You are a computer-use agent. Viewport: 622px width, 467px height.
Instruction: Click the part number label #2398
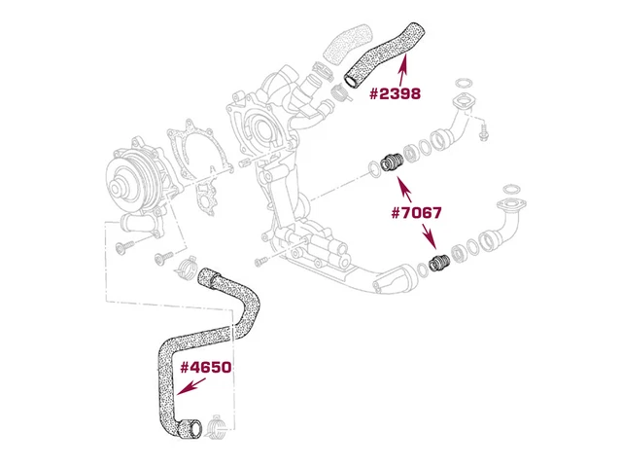(x=396, y=94)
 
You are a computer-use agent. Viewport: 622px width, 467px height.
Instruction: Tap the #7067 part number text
(x=416, y=213)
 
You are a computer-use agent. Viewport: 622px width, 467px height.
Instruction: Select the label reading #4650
(x=206, y=368)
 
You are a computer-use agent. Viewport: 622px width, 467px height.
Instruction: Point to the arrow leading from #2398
(x=403, y=70)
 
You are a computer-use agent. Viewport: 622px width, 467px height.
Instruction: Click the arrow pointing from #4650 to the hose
(x=191, y=386)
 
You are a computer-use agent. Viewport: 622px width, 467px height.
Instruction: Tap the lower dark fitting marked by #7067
(x=439, y=263)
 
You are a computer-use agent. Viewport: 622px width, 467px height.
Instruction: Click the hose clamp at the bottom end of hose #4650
(x=216, y=428)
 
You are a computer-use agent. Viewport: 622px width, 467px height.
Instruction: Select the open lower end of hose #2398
(x=351, y=81)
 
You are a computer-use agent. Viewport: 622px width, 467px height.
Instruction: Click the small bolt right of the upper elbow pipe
(x=484, y=132)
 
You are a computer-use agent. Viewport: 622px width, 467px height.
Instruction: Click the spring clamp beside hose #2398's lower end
(x=340, y=92)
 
